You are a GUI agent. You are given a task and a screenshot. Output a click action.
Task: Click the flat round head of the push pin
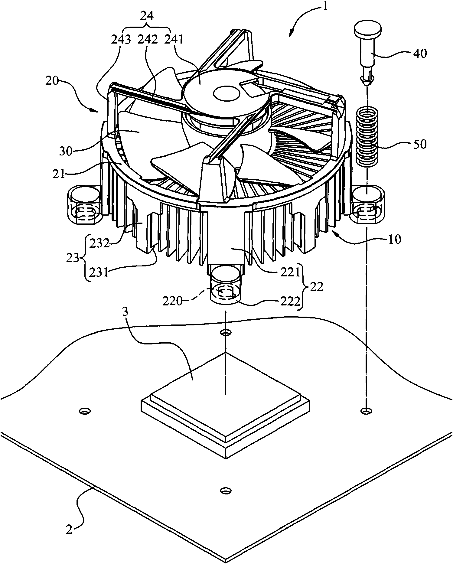(x=367, y=30)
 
